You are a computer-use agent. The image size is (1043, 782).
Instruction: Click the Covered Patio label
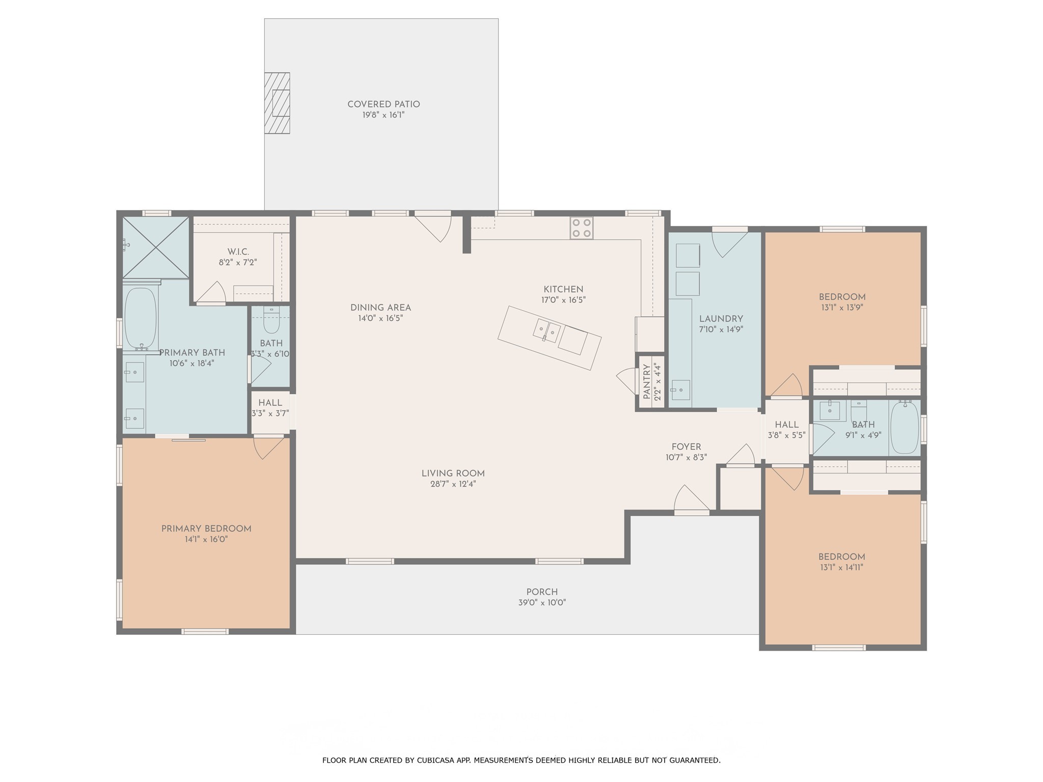point(383,104)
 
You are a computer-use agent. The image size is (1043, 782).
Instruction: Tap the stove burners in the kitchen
point(582,228)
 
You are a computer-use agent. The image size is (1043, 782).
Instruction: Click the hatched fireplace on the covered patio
point(277,103)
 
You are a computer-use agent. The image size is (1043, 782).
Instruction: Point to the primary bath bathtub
point(141,318)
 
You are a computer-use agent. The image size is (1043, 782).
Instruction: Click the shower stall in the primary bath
point(156,247)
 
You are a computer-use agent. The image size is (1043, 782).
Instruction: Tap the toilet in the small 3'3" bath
point(271,320)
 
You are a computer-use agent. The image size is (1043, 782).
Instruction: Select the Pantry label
point(646,381)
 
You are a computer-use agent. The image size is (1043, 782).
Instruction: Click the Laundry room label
point(721,319)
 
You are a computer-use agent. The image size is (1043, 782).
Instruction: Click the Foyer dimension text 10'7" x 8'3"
point(686,458)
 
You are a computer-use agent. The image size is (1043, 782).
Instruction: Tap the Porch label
point(542,592)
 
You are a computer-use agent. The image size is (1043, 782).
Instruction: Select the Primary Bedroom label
point(206,529)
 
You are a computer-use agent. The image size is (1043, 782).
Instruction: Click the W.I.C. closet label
point(238,252)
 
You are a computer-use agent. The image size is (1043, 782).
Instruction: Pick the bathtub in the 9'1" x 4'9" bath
point(904,428)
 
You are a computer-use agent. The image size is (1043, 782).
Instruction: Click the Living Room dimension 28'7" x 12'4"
point(453,484)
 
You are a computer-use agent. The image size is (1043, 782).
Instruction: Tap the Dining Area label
point(380,308)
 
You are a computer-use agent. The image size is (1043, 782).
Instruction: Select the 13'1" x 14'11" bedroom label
point(842,557)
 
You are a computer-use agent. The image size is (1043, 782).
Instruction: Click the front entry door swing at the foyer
point(691,498)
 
